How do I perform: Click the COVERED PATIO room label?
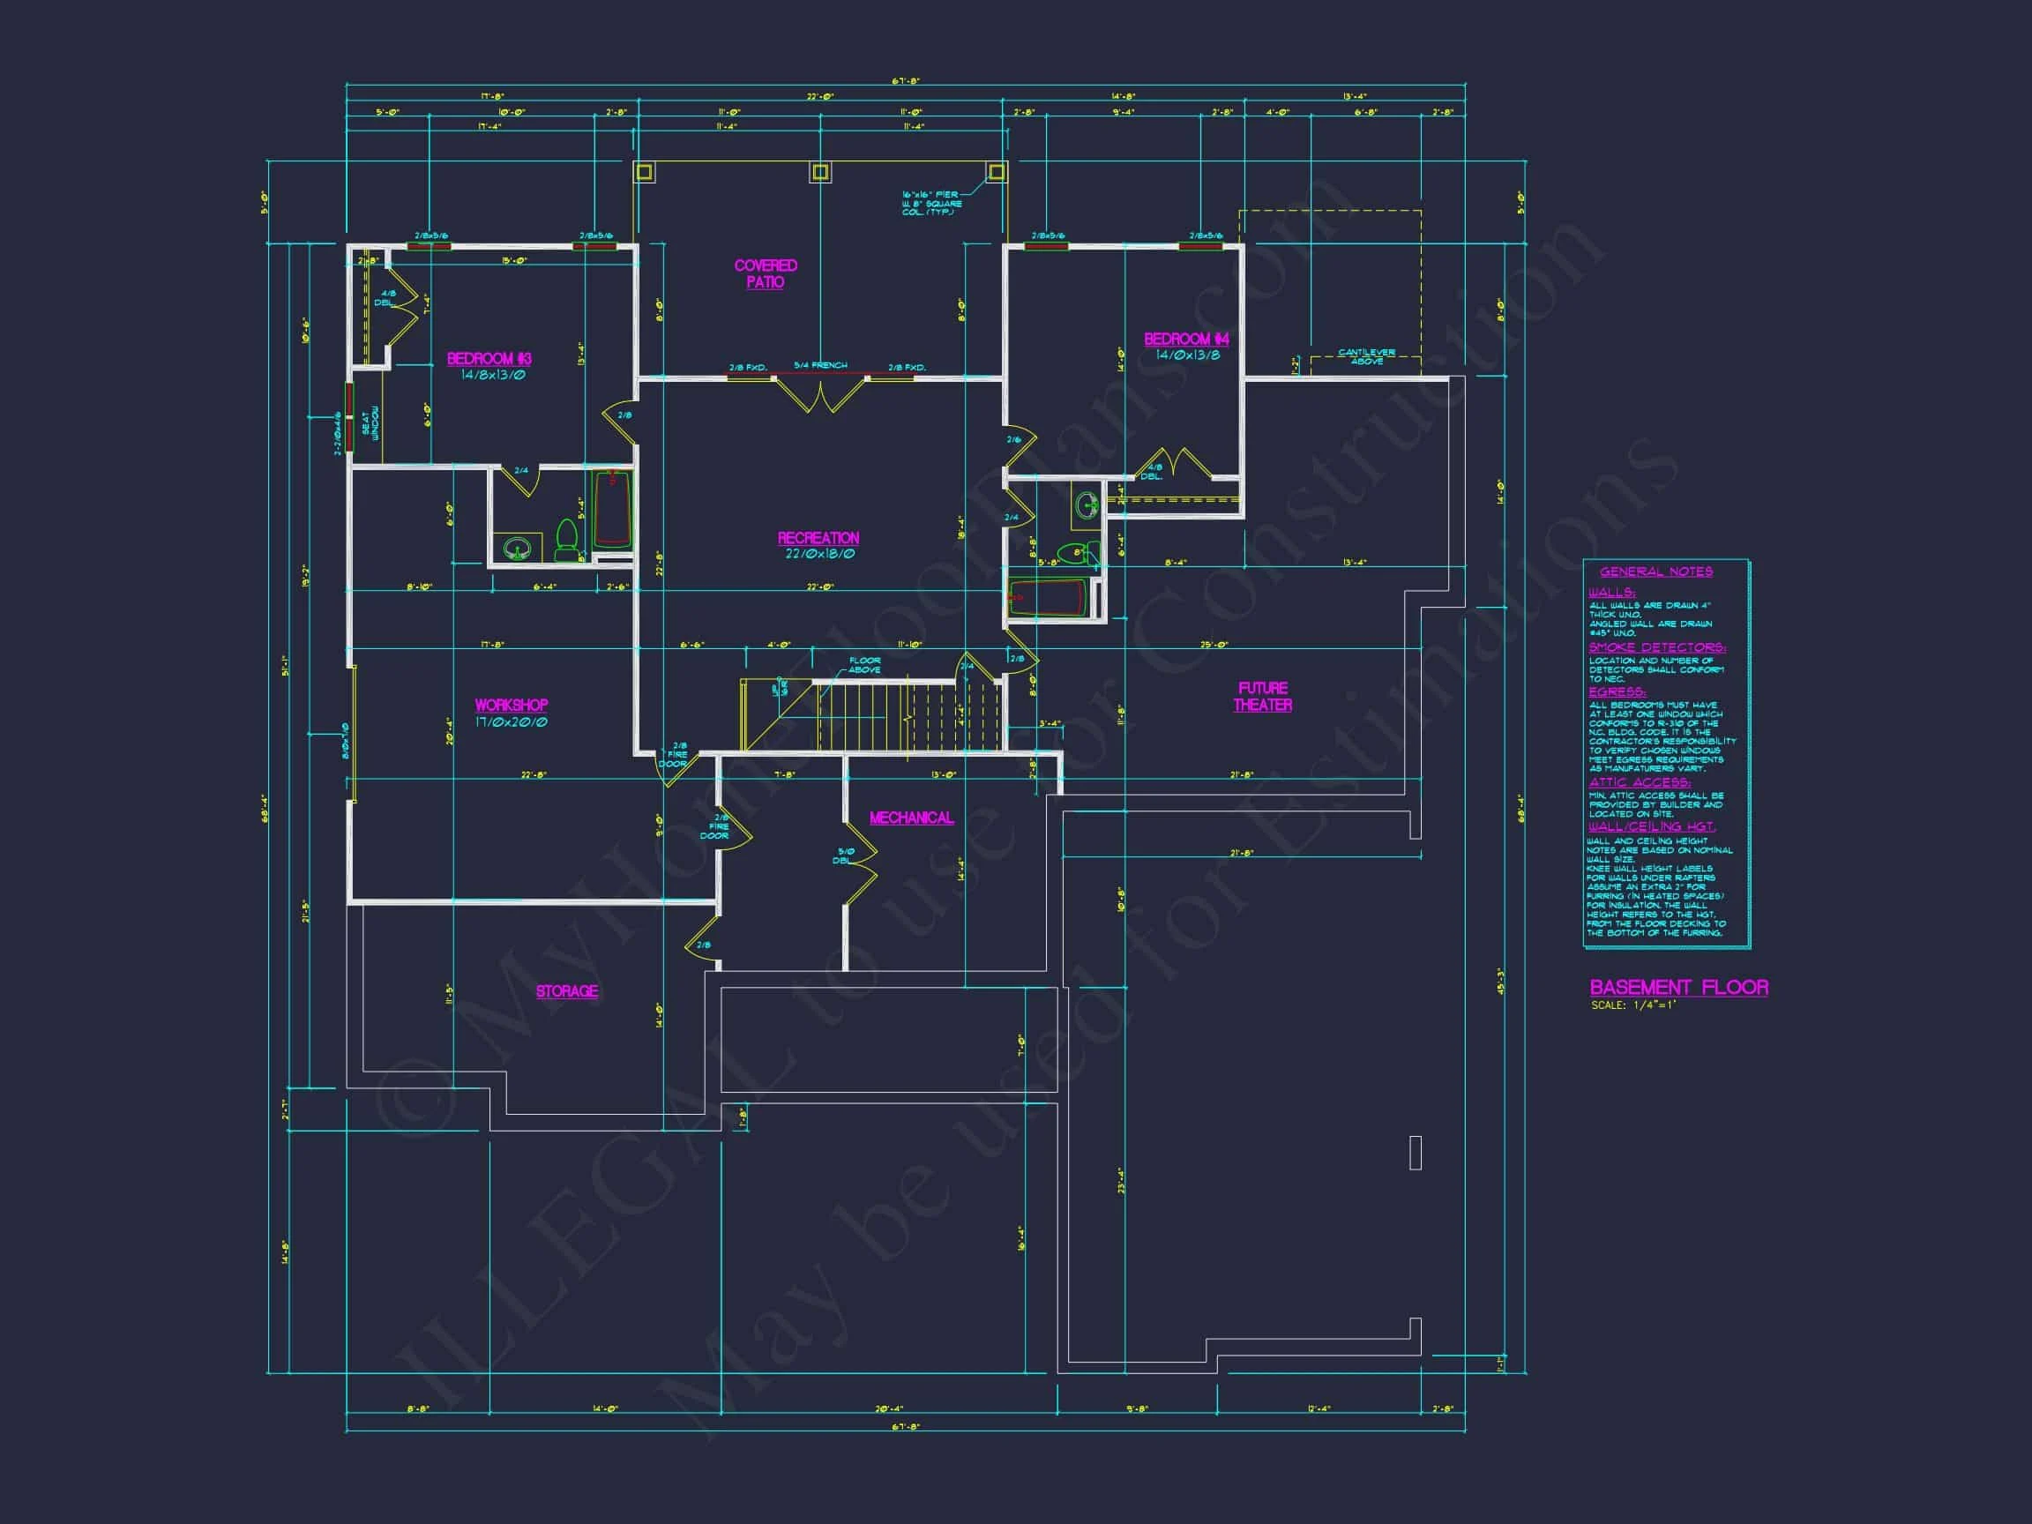766,273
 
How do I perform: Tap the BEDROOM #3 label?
489,358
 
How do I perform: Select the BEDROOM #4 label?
1186,339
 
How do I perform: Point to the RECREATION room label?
818,538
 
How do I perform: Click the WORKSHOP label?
511,706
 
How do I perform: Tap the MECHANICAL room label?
910,818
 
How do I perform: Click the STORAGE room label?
567,991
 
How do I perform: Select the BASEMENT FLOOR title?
1678,988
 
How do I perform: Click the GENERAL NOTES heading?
1655,571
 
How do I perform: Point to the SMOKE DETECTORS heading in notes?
1656,647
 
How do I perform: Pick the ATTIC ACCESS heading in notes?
1639,782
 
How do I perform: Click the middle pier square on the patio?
819,172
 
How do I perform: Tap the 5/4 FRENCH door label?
820,366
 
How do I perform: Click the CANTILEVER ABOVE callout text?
1366,356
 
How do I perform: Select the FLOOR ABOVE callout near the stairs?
863,665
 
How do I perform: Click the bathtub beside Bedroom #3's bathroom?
611,509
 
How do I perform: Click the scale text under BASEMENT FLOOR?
1633,1005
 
